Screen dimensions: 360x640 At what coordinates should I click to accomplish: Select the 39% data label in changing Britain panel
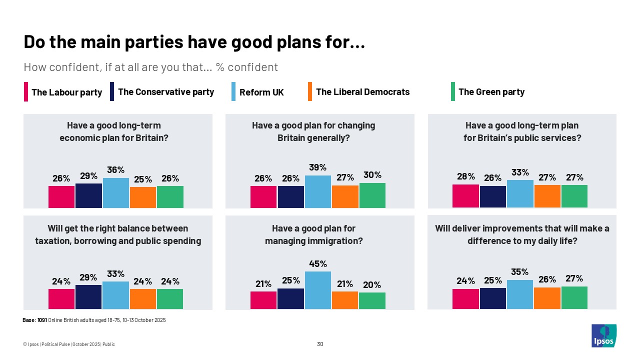[x=318, y=167]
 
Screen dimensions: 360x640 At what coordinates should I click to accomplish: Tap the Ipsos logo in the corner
[x=603, y=335]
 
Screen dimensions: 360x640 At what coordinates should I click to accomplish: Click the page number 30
[x=320, y=344]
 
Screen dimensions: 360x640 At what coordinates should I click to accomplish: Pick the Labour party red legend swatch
[x=26, y=92]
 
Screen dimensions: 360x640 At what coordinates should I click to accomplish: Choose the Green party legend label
[x=491, y=92]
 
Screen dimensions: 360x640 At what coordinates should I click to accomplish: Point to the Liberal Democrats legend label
[x=362, y=92]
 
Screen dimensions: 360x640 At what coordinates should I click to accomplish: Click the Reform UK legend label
[x=261, y=92]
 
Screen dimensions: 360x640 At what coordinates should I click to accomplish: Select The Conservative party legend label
[x=166, y=92]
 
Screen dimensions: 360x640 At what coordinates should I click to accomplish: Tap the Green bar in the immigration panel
[x=372, y=300]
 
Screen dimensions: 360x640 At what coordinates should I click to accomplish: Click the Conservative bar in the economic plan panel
[x=88, y=195]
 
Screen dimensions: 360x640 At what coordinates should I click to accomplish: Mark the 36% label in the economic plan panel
[x=115, y=170]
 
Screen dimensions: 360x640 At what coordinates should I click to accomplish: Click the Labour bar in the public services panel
[x=465, y=196]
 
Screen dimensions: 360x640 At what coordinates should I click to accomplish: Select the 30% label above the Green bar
[x=372, y=175]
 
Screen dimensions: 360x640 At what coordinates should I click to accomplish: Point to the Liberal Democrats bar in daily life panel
[x=547, y=298]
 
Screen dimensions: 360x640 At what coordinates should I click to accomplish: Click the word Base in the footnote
[x=29, y=320]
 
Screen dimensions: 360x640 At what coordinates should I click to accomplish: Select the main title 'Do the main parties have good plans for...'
[x=194, y=42]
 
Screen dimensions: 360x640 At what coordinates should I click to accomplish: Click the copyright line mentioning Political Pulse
[x=69, y=344]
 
